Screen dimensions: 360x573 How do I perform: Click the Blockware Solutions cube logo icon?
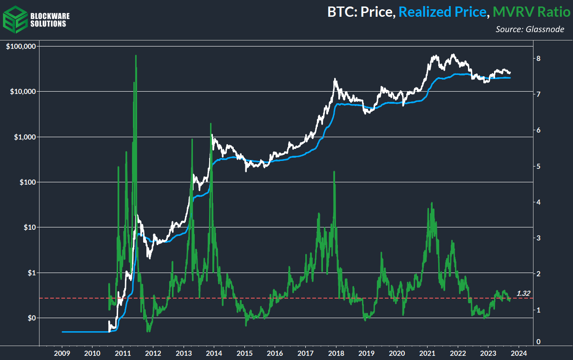pos(14,17)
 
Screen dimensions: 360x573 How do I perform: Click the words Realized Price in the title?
pos(441,12)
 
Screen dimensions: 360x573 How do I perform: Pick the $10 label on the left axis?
pos(30,227)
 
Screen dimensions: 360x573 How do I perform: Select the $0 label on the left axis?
pos(32,318)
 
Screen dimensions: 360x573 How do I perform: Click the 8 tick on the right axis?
pos(538,59)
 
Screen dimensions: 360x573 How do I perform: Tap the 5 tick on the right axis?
pos(538,166)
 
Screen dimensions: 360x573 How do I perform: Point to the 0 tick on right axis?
pos(538,342)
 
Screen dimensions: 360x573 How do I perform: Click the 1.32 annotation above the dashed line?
pos(524,293)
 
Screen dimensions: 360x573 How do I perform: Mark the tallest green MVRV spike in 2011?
pos(136,56)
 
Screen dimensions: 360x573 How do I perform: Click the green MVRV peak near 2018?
pos(334,172)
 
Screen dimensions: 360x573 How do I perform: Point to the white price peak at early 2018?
pos(335,80)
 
